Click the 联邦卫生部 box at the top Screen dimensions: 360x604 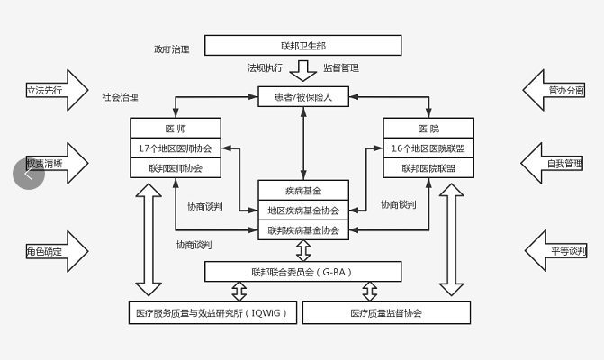(x=302, y=45)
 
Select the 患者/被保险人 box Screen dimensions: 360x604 (x=303, y=97)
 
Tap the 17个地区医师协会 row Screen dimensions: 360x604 (x=176, y=148)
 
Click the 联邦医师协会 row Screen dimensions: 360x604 (x=176, y=168)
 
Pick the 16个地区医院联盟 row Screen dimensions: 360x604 (x=428, y=148)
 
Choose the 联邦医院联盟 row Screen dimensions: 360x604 (x=428, y=168)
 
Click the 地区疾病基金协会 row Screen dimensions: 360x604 (x=303, y=211)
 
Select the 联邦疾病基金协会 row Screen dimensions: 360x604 (x=303, y=230)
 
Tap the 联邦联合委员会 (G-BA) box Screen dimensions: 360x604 (x=302, y=272)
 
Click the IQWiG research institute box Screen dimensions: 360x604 (x=212, y=313)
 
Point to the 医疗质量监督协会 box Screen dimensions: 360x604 (x=386, y=313)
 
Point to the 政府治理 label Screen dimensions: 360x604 (x=172, y=49)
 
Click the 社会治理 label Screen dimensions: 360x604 (x=120, y=97)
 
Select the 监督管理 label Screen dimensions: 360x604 (x=341, y=67)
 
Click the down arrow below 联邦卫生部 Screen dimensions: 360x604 (x=303, y=70)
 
